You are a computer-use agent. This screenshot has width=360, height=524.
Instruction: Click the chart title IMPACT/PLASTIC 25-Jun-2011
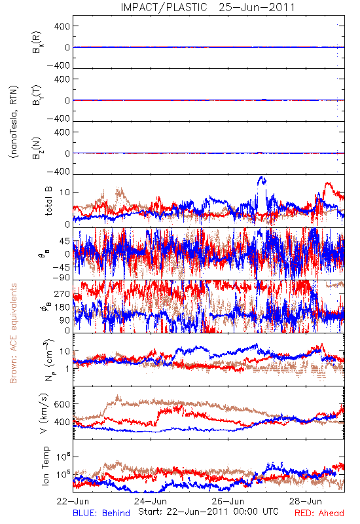[x=207, y=7]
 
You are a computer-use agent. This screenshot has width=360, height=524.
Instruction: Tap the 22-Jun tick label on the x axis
[x=73, y=501]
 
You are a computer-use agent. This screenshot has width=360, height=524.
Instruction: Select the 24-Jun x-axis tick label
[x=151, y=501]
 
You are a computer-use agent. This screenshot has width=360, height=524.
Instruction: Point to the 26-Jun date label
[x=228, y=501]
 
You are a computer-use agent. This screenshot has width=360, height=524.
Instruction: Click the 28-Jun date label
[x=305, y=501]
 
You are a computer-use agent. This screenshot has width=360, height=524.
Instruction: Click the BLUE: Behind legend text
[x=101, y=513]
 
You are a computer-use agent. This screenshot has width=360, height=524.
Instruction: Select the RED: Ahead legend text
[x=319, y=513]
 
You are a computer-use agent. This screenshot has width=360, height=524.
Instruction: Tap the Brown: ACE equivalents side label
[x=13, y=333]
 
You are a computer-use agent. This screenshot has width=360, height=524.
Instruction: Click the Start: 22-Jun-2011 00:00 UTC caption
[x=208, y=512]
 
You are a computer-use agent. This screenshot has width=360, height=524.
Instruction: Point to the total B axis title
[x=48, y=201]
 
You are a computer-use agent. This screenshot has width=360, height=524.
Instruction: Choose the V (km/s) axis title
[x=44, y=413]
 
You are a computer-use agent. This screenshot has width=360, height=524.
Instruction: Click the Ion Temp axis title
[x=45, y=466]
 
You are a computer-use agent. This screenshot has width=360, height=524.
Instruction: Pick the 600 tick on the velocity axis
[x=62, y=404]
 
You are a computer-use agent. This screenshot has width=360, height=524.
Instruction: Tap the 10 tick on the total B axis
[x=65, y=192]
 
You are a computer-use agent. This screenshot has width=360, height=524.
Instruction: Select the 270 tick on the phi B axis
[x=62, y=294]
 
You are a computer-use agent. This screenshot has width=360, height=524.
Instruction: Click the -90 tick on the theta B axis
[x=61, y=277]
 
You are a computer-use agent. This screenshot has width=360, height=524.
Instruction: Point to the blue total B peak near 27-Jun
[x=261, y=177]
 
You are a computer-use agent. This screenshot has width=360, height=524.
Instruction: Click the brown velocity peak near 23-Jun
[x=117, y=397]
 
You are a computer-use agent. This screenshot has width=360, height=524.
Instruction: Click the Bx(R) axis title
[x=37, y=42]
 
